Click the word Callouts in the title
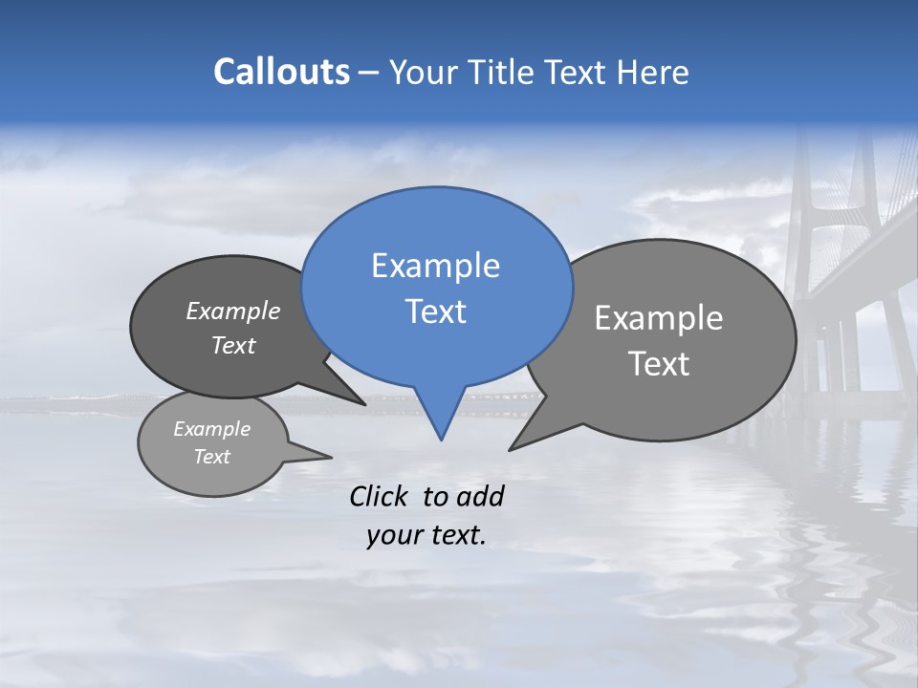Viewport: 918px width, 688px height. tap(281, 72)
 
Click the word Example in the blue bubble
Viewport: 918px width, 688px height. tap(435, 266)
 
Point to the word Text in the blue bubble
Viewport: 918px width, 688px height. tap(435, 311)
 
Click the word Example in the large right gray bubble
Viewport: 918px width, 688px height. tap(659, 318)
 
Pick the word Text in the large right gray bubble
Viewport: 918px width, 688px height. tap(659, 363)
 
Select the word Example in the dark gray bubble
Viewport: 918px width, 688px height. tap(233, 311)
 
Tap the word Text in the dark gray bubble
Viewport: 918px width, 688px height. tap(233, 345)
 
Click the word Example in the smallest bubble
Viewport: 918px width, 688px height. tap(211, 429)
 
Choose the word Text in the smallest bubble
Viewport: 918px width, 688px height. tap(211, 457)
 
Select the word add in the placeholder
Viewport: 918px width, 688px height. tap(480, 496)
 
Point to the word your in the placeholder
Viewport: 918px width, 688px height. tap(394, 536)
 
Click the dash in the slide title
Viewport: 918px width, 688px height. tap(369, 73)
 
